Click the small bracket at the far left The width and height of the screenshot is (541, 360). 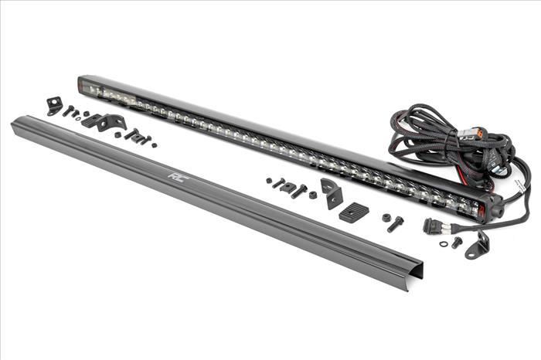coord(54,106)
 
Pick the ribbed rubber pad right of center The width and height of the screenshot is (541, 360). coord(354,212)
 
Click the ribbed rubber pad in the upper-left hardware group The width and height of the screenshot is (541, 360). coord(91,121)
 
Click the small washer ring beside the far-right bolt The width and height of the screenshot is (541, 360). coord(443,244)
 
